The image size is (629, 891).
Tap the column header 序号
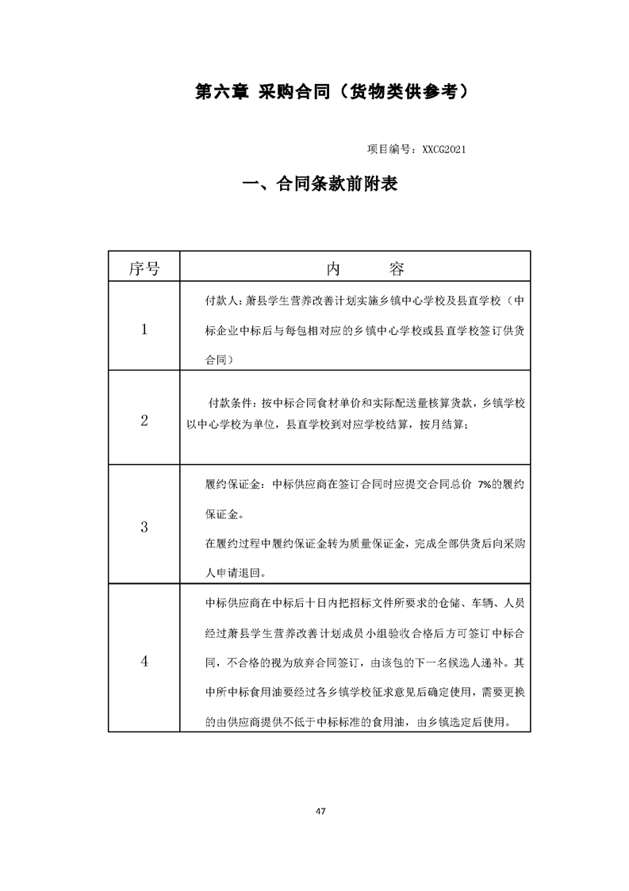tap(144, 268)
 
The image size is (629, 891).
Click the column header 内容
tap(355, 268)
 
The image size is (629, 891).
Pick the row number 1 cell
tap(144, 329)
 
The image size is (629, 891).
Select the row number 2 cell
tap(144, 421)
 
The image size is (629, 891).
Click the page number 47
tap(320, 811)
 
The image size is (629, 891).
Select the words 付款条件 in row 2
tap(231, 403)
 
